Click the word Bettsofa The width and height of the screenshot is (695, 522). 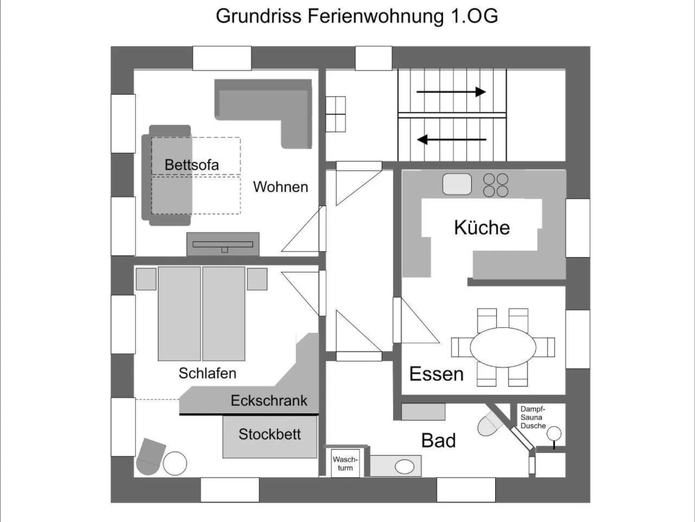(191, 165)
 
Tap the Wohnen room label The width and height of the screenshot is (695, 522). (280, 187)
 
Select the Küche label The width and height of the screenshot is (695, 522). (482, 228)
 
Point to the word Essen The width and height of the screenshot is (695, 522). (436, 374)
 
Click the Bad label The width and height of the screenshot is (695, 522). (438, 441)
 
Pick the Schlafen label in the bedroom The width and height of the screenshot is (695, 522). (207, 373)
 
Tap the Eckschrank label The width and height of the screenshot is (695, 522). (269, 401)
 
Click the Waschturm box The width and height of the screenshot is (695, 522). (345, 464)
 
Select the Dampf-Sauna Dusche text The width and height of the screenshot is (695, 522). (533, 418)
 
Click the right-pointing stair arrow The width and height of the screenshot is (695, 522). (450, 92)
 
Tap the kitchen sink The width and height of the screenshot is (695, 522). (457, 184)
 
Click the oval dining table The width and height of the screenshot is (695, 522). (503, 347)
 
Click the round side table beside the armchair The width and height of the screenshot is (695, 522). (175, 464)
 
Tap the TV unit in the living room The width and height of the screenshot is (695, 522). (223, 244)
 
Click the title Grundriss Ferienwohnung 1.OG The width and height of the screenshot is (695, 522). (357, 16)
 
